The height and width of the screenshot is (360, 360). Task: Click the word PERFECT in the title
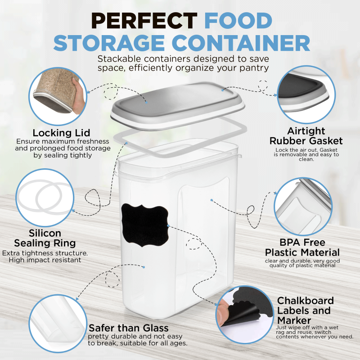pyautogui.click(x=144, y=21)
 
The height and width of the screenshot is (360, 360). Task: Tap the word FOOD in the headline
pyautogui.click(x=238, y=21)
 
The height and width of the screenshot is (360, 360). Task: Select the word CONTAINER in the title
pyautogui.click(x=241, y=43)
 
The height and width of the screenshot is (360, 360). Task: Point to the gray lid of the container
pyautogui.click(x=177, y=106)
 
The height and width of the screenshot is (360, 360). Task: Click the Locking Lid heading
pyautogui.click(x=61, y=133)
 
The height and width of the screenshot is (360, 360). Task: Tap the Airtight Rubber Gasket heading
pyautogui.click(x=306, y=136)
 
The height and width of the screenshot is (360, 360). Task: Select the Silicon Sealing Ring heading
pyautogui.click(x=45, y=238)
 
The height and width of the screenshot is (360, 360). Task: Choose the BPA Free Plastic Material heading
pyautogui.click(x=302, y=247)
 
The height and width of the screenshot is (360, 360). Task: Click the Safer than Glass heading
pyautogui.click(x=129, y=328)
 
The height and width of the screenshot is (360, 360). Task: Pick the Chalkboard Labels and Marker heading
pyautogui.click(x=306, y=310)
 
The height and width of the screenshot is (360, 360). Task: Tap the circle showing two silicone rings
pyautogui.click(x=45, y=198)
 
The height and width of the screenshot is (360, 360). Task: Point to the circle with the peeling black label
pyautogui.click(x=245, y=315)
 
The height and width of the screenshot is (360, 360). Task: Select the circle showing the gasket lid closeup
pyautogui.click(x=306, y=94)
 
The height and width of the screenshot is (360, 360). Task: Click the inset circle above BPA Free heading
pyautogui.click(x=303, y=207)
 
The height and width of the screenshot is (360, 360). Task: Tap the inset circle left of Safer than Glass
pyautogui.click(x=58, y=324)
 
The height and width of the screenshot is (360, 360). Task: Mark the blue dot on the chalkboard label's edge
pyautogui.click(x=168, y=226)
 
